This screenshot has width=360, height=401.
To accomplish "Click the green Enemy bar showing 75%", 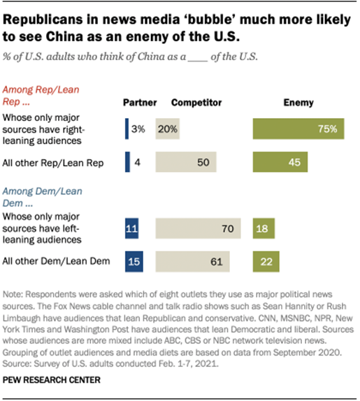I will [298, 129].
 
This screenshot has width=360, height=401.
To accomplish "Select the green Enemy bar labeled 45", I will [280, 162].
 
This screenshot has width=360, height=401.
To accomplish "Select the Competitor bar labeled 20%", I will [168, 129].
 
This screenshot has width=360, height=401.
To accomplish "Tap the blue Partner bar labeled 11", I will [132, 228].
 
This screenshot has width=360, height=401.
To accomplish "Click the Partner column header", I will [137, 103].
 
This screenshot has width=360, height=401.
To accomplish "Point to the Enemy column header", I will [297, 103].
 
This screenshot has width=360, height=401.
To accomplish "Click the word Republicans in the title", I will [44, 16].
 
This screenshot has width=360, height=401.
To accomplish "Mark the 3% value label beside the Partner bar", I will [138, 129].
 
